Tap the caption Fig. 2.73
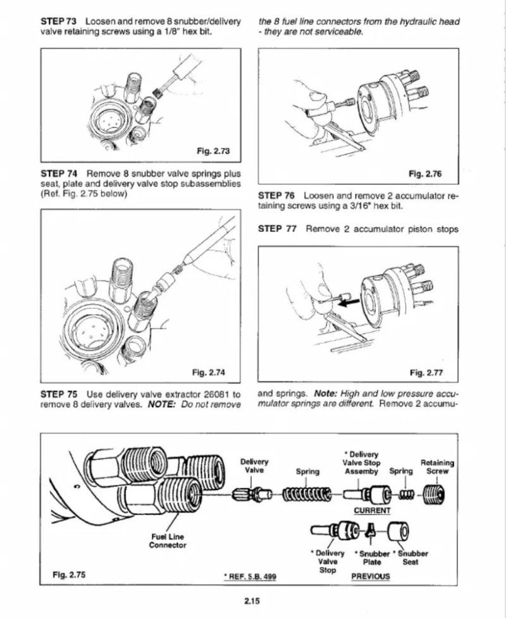[214, 151]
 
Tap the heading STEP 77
[278, 229]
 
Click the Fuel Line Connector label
[167, 541]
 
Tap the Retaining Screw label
[437, 467]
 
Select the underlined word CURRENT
[372, 510]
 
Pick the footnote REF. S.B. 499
[250, 576]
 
